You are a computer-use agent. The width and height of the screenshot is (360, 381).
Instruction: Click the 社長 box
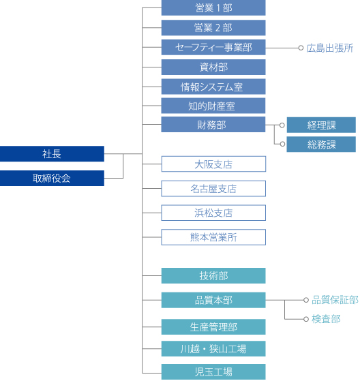(52, 153)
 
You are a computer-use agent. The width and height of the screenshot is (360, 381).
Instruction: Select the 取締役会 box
(52, 178)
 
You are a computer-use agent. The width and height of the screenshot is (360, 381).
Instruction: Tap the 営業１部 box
(213, 8)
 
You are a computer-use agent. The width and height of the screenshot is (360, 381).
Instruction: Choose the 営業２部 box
(213, 28)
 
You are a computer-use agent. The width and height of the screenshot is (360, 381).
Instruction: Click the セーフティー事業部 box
(213, 48)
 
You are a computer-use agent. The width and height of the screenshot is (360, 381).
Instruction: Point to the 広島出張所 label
(330, 48)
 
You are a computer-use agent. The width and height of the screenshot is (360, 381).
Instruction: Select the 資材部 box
(213, 67)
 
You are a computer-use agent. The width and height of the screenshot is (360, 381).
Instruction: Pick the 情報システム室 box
(213, 87)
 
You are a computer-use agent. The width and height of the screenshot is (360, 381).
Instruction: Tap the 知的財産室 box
(213, 106)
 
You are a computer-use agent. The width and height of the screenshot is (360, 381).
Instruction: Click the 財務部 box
(213, 125)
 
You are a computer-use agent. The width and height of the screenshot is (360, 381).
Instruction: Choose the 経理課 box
(321, 125)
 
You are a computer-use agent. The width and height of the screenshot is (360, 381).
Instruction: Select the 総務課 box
(321, 144)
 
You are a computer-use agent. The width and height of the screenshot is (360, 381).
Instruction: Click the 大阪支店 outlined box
(213, 164)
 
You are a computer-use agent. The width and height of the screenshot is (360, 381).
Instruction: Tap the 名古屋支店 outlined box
(213, 189)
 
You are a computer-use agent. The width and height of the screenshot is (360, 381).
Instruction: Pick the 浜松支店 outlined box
(213, 213)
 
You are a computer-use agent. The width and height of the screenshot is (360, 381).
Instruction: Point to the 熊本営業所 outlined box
(213, 237)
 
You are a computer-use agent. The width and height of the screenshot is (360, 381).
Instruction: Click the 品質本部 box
(213, 300)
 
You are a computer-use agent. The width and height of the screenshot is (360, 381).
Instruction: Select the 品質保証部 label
(335, 300)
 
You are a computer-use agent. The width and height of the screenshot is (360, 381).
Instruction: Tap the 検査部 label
(326, 319)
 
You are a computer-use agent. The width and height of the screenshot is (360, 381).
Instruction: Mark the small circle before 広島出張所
(300, 48)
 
